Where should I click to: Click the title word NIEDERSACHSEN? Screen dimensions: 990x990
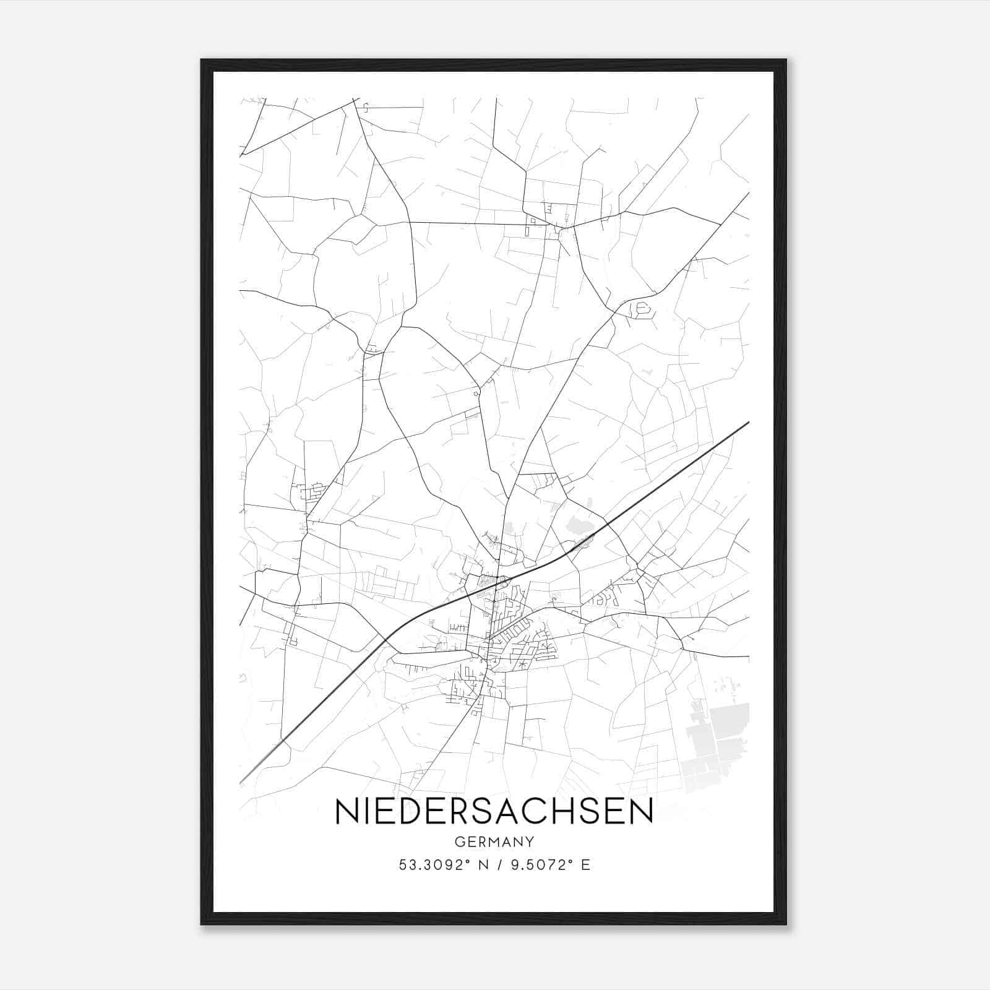(x=494, y=811)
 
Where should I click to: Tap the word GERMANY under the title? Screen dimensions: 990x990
(x=494, y=842)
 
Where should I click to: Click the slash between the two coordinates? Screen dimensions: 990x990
(x=495, y=865)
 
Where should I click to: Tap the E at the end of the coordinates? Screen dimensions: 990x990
(x=585, y=865)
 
